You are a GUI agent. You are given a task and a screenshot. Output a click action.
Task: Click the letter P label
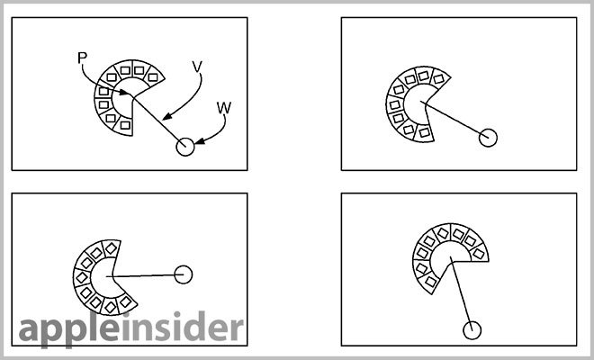82,58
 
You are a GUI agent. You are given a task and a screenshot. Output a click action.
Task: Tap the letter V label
197,67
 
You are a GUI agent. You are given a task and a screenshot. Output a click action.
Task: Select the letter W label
224,108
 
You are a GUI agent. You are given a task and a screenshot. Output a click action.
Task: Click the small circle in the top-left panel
185,147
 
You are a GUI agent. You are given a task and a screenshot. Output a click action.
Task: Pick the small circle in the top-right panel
488,138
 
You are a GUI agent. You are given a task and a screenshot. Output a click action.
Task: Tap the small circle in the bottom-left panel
184,274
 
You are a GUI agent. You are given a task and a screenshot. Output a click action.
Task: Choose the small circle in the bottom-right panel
472,330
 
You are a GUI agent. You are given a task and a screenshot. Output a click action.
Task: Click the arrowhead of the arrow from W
199,142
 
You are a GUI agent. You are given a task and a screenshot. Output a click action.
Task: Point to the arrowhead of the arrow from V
167,116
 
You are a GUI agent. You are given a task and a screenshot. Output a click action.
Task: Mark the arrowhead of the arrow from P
124,92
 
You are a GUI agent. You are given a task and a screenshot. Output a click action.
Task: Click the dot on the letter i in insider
127,316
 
